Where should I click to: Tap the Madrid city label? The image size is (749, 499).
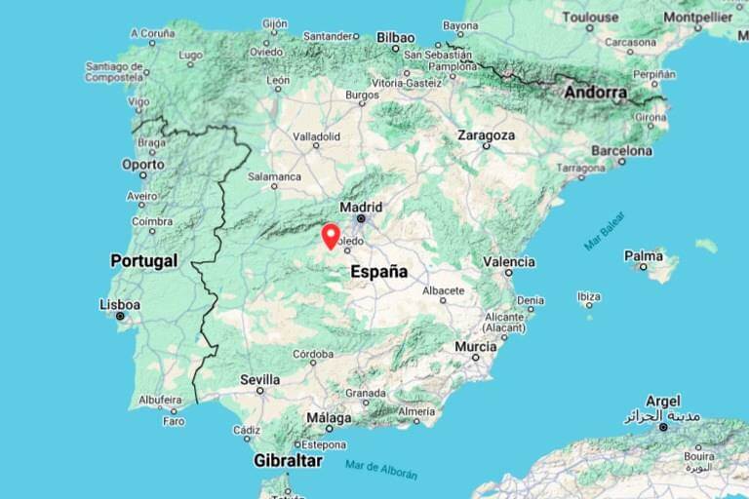[x=361, y=207]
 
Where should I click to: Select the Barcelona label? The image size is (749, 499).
[x=621, y=151]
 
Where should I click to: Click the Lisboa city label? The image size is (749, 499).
[x=120, y=305]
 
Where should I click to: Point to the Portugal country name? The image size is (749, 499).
[x=143, y=261]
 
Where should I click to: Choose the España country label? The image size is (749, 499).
[x=378, y=272]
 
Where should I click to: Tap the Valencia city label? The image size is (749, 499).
[x=509, y=261]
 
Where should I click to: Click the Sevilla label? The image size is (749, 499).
[x=259, y=379]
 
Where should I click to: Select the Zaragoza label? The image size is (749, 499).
[x=486, y=135]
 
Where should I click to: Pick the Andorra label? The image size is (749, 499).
[x=595, y=93]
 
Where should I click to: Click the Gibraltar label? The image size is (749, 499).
[x=289, y=459]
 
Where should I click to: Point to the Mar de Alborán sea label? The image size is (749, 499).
[x=381, y=469]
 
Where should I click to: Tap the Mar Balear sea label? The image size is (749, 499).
[x=605, y=231]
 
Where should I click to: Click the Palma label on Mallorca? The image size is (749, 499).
[x=644, y=256]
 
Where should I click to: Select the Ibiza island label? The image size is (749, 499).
[x=588, y=296]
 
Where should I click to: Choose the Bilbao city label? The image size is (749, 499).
[x=395, y=37]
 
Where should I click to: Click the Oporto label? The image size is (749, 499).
[x=142, y=165]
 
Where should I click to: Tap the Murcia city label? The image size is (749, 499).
[x=475, y=346]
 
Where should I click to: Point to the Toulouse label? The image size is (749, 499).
[x=589, y=17]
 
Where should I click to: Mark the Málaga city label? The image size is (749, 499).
[x=329, y=416]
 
